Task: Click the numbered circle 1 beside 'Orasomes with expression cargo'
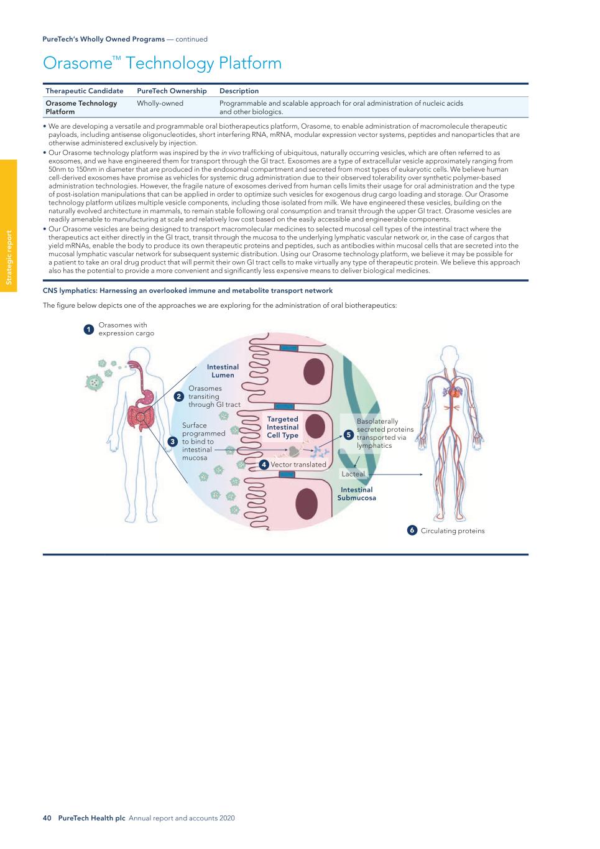pos(89,329)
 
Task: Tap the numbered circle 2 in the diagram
pos(178,396)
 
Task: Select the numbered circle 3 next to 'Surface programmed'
pos(173,441)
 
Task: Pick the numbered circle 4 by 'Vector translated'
pos(264,464)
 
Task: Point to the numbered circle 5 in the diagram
pos(349,434)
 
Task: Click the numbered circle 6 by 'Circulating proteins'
pos(412,531)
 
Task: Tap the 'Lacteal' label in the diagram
pos(353,474)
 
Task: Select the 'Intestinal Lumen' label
pos(223,371)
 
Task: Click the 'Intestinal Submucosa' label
pos(356,494)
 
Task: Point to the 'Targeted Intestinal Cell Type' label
pos(283,427)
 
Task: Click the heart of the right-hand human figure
pos(455,392)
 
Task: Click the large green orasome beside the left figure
pos(93,382)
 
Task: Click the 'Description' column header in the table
pos(239,91)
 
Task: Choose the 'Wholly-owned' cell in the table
pos(160,103)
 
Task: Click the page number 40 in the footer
pos(47,818)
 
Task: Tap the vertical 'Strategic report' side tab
pos(9,257)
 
